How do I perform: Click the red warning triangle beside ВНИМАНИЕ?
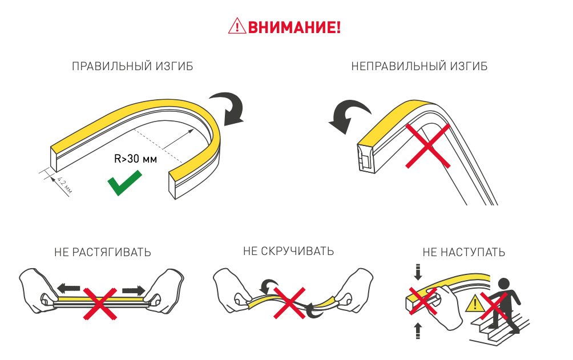[x=237, y=26]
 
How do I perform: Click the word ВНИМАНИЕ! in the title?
[x=294, y=27]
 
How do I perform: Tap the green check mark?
[x=124, y=183]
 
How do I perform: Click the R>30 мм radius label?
[x=136, y=159]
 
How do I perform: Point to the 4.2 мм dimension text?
[x=64, y=185]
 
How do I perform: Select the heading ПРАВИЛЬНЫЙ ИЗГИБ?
[x=132, y=66]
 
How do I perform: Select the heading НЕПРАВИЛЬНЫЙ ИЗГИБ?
[x=419, y=66]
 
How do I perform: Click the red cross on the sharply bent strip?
[x=428, y=146]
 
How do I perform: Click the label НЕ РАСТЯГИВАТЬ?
[x=103, y=252]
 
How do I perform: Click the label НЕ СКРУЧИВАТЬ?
[x=288, y=251]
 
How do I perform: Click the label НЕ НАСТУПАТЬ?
[x=464, y=252]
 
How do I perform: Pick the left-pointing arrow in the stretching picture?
[x=68, y=288]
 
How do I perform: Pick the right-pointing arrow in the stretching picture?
[x=134, y=291]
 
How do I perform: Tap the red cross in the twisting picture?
[x=289, y=303]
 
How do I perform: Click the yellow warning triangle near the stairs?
[x=475, y=303]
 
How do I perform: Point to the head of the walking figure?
[x=504, y=284]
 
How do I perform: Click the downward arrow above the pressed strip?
[x=418, y=272]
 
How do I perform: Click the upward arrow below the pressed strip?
[x=418, y=331]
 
